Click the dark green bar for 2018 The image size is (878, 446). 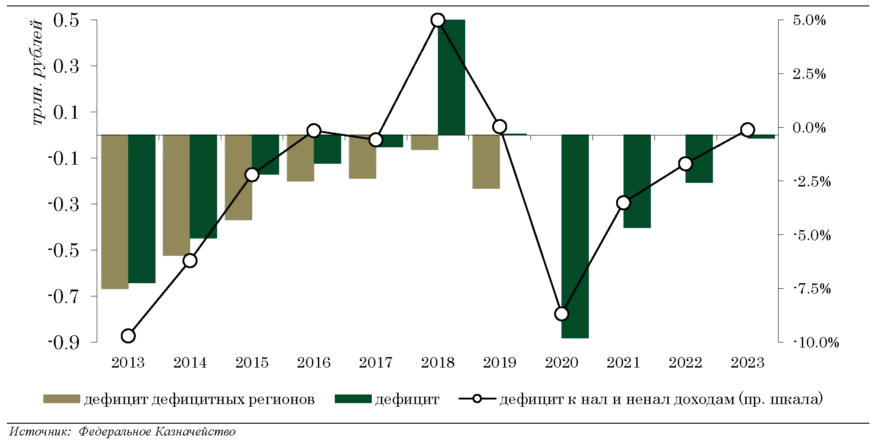coord(452,77)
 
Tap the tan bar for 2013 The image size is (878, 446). coord(114,212)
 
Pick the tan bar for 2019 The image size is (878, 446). coord(486,161)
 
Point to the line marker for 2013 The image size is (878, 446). coord(129,336)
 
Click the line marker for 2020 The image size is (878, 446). coord(562,314)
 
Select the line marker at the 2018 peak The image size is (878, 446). coord(438,20)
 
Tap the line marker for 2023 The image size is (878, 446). coord(747,130)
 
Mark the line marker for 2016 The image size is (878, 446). coord(314,131)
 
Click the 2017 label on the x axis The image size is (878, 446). coord(375,363)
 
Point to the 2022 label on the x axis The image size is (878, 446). coord(685,363)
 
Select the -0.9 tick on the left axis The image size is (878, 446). coord(63,342)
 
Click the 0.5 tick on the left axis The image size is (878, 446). coord(66,21)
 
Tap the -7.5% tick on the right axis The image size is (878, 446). coord(812,289)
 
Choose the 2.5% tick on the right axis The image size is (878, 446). coord(809,74)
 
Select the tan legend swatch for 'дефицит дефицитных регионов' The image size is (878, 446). coord(62,399)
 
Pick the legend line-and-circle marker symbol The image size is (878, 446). coord(477,399)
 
